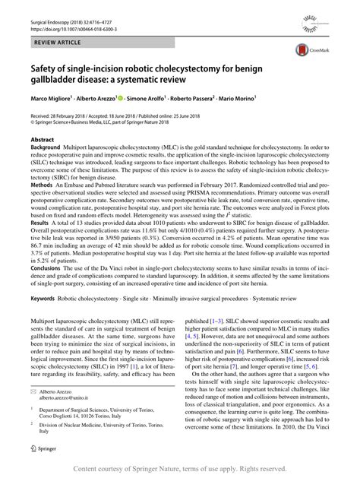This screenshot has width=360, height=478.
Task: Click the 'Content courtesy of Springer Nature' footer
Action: click(x=180, y=469)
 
